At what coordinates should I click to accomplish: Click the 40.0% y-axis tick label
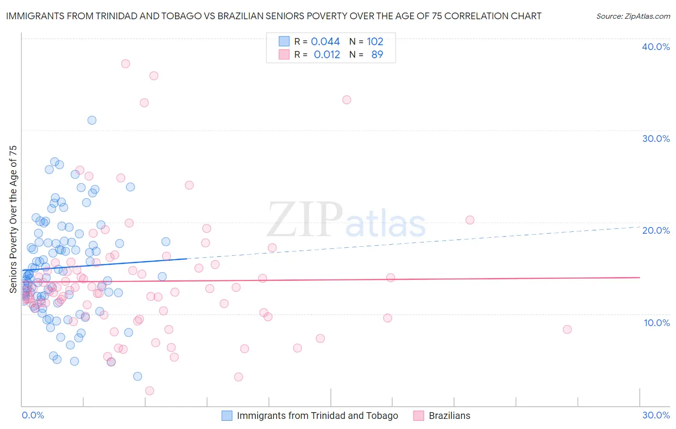click(x=656, y=47)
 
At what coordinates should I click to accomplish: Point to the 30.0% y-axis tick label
click(x=656, y=139)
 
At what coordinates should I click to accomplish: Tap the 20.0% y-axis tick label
click(x=656, y=230)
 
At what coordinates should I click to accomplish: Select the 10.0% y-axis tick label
click(x=657, y=323)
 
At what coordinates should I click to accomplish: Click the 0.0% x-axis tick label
click(x=33, y=415)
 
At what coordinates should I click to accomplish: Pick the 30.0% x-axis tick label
click(x=656, y=415)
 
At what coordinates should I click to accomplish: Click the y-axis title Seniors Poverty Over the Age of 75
click(x=13, y=219)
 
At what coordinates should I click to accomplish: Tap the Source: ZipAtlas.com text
click(x=633, y=16)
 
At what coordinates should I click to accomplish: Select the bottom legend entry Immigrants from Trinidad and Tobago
click(x=317, y=416)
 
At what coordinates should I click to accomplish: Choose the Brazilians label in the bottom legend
click(x=450, y=416)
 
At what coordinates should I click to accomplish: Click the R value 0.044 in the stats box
click(x=325, y=41)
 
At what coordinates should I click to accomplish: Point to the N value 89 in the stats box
click(x=377, y=54)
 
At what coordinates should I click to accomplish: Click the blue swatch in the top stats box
click(x=284, y=41)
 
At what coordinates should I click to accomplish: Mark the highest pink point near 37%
click(x=125, y=63)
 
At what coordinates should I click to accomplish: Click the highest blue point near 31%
click(x=92, y=120)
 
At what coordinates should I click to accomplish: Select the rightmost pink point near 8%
click(x=567, y=329)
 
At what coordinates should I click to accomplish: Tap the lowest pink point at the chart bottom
click(x=150, y=391)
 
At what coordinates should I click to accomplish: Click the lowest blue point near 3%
click(x=138, y=376)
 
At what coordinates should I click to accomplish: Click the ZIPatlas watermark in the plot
click(x=346, y=220)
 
